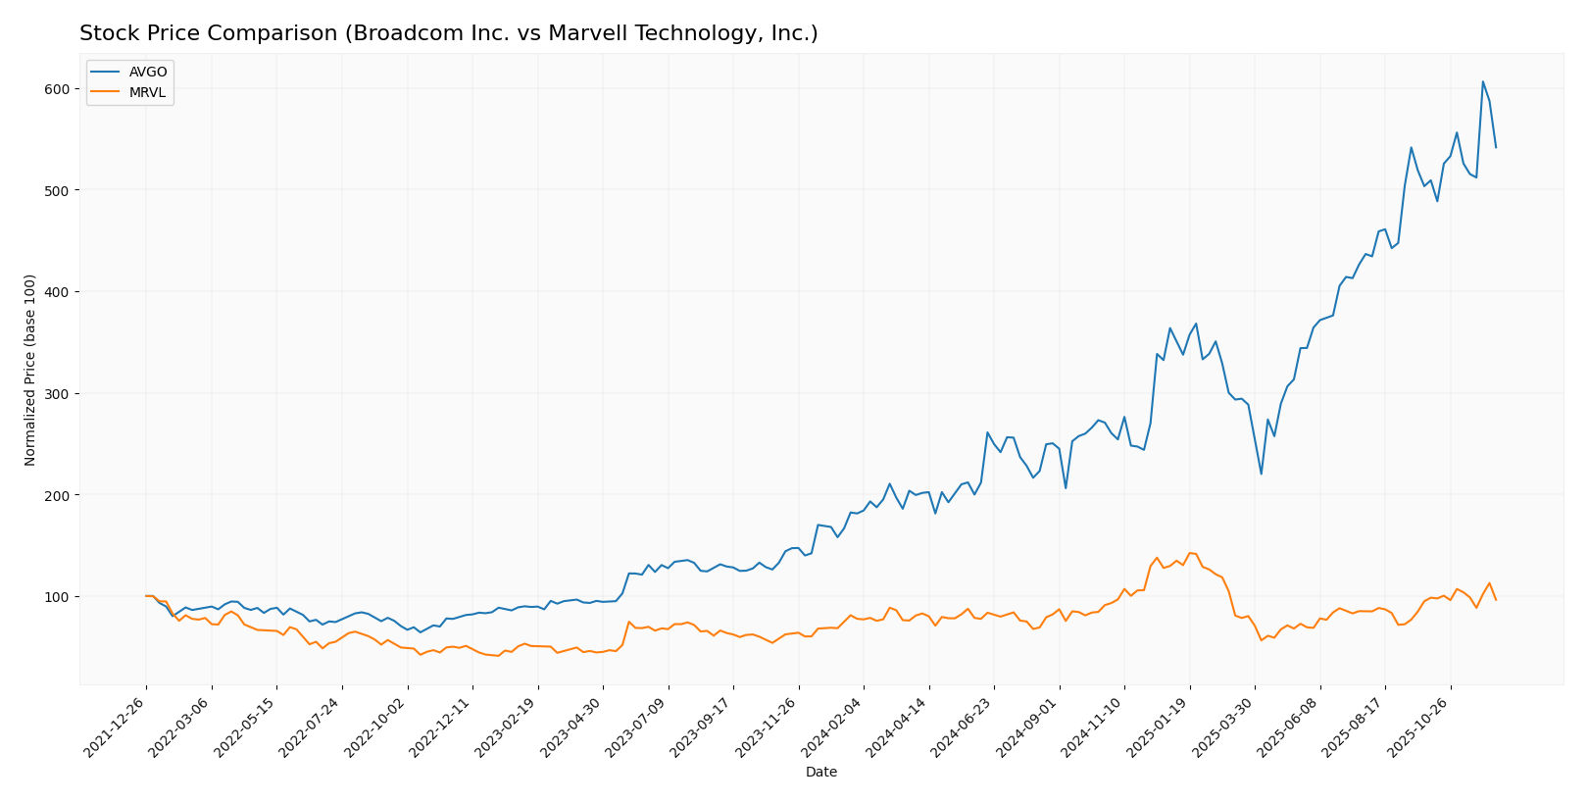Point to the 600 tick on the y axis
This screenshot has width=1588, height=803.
point(57,89)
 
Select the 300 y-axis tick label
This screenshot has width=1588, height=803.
point(57,394)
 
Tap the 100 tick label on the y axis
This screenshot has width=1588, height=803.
point(57,597)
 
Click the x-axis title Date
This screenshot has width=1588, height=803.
point(820,773)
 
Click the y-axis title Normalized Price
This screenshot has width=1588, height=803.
point(30,370)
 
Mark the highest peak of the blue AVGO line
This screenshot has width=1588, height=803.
point(1482,81)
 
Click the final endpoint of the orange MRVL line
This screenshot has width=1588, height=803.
point(1496,600)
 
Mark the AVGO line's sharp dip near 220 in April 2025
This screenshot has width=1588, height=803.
point(1261,475)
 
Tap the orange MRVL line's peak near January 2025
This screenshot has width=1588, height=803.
point(1189,553)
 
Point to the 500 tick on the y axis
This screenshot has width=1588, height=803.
point(57,190)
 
